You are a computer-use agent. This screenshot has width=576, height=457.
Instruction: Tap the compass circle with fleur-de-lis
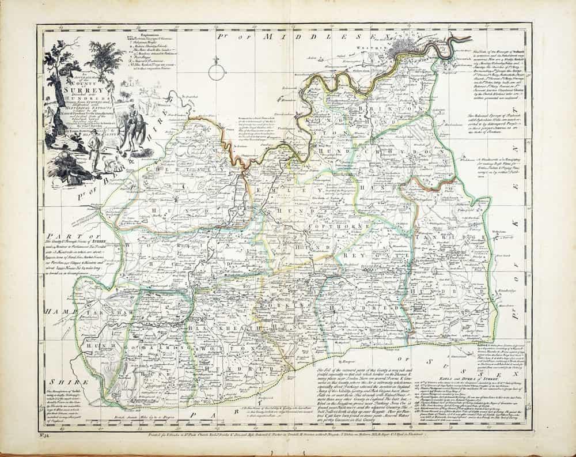click(x=216, y=72)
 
